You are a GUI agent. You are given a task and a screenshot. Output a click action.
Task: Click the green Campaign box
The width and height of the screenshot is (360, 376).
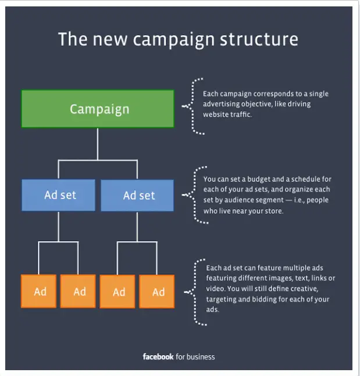[x=98, y=109]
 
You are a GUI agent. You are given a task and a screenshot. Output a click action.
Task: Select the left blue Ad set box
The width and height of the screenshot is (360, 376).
[x=58, y=195]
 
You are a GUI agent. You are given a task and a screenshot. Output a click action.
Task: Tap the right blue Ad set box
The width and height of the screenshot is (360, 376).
[x=137, y=196]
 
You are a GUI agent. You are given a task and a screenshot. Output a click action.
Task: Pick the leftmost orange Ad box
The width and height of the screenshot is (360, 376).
[x=38, y=292]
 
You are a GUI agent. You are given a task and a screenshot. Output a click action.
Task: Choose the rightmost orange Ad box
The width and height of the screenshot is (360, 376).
[x=157, y=292]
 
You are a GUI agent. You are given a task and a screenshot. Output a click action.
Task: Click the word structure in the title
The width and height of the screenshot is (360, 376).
[x=259, y=40]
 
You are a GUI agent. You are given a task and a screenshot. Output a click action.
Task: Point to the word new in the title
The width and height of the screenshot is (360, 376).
[x=110, y=40]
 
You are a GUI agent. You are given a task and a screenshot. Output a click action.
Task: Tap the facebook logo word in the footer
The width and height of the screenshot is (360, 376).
[x=158, y=357]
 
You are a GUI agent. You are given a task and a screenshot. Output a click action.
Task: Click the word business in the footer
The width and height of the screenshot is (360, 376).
[x=201, y=357]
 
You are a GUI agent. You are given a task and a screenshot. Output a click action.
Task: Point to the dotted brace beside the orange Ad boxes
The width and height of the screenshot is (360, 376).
[x=195, y=292]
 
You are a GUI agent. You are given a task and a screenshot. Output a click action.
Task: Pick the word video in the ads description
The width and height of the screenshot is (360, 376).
[x=215, y=289]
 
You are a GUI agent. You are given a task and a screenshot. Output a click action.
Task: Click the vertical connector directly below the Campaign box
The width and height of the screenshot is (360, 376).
[x=98, y=144]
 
